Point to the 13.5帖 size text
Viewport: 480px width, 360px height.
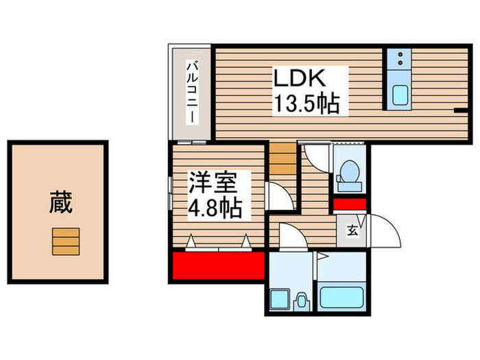307,104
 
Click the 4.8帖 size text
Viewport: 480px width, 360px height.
215,207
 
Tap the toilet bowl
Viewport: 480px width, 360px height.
349,173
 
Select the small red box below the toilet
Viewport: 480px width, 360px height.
350,203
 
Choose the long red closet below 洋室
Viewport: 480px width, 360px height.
218,265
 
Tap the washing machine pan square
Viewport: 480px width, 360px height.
280,300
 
